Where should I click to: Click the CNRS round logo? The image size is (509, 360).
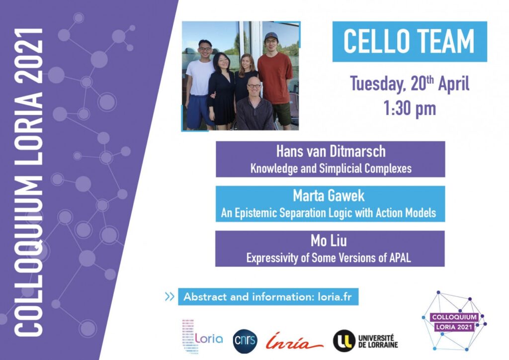(x=245, y=341)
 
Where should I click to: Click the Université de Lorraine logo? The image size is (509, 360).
(x=365, y=341)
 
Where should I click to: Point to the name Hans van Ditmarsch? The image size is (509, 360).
(x=331, y=152)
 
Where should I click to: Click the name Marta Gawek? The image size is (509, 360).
(x=329, y=196)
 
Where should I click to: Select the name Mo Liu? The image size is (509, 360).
(x=329, y=241)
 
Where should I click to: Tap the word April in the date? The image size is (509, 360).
(x=454, y=84)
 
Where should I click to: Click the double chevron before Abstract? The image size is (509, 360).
(x=170, y=297)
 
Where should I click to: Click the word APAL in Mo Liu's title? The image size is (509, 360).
(x=400, y=258)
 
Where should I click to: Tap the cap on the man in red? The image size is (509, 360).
(x=271, y=36)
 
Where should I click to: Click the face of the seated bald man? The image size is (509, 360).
(x=254, y=87)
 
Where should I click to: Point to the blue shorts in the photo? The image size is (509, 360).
(x=199, y=111)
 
